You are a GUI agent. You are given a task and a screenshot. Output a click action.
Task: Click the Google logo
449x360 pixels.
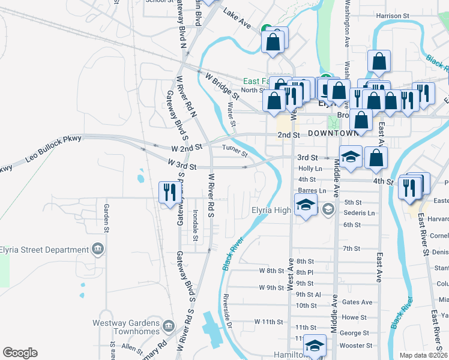coord(20,353)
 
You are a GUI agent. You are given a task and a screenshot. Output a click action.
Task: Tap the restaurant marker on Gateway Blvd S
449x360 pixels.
coord(169,193)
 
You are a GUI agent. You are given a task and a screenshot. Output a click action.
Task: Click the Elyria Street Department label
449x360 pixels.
coord(44,250)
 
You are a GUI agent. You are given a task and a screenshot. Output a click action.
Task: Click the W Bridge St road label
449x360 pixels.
coord(222,86)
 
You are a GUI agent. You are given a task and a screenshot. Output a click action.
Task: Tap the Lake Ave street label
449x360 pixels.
coord(237,19)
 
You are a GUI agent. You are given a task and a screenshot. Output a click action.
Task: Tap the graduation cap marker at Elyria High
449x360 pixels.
coord(306,206)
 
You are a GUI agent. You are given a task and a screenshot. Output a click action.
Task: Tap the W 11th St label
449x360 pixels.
coord(268,322)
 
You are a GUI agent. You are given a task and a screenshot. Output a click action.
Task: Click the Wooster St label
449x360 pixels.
coord(354,346)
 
